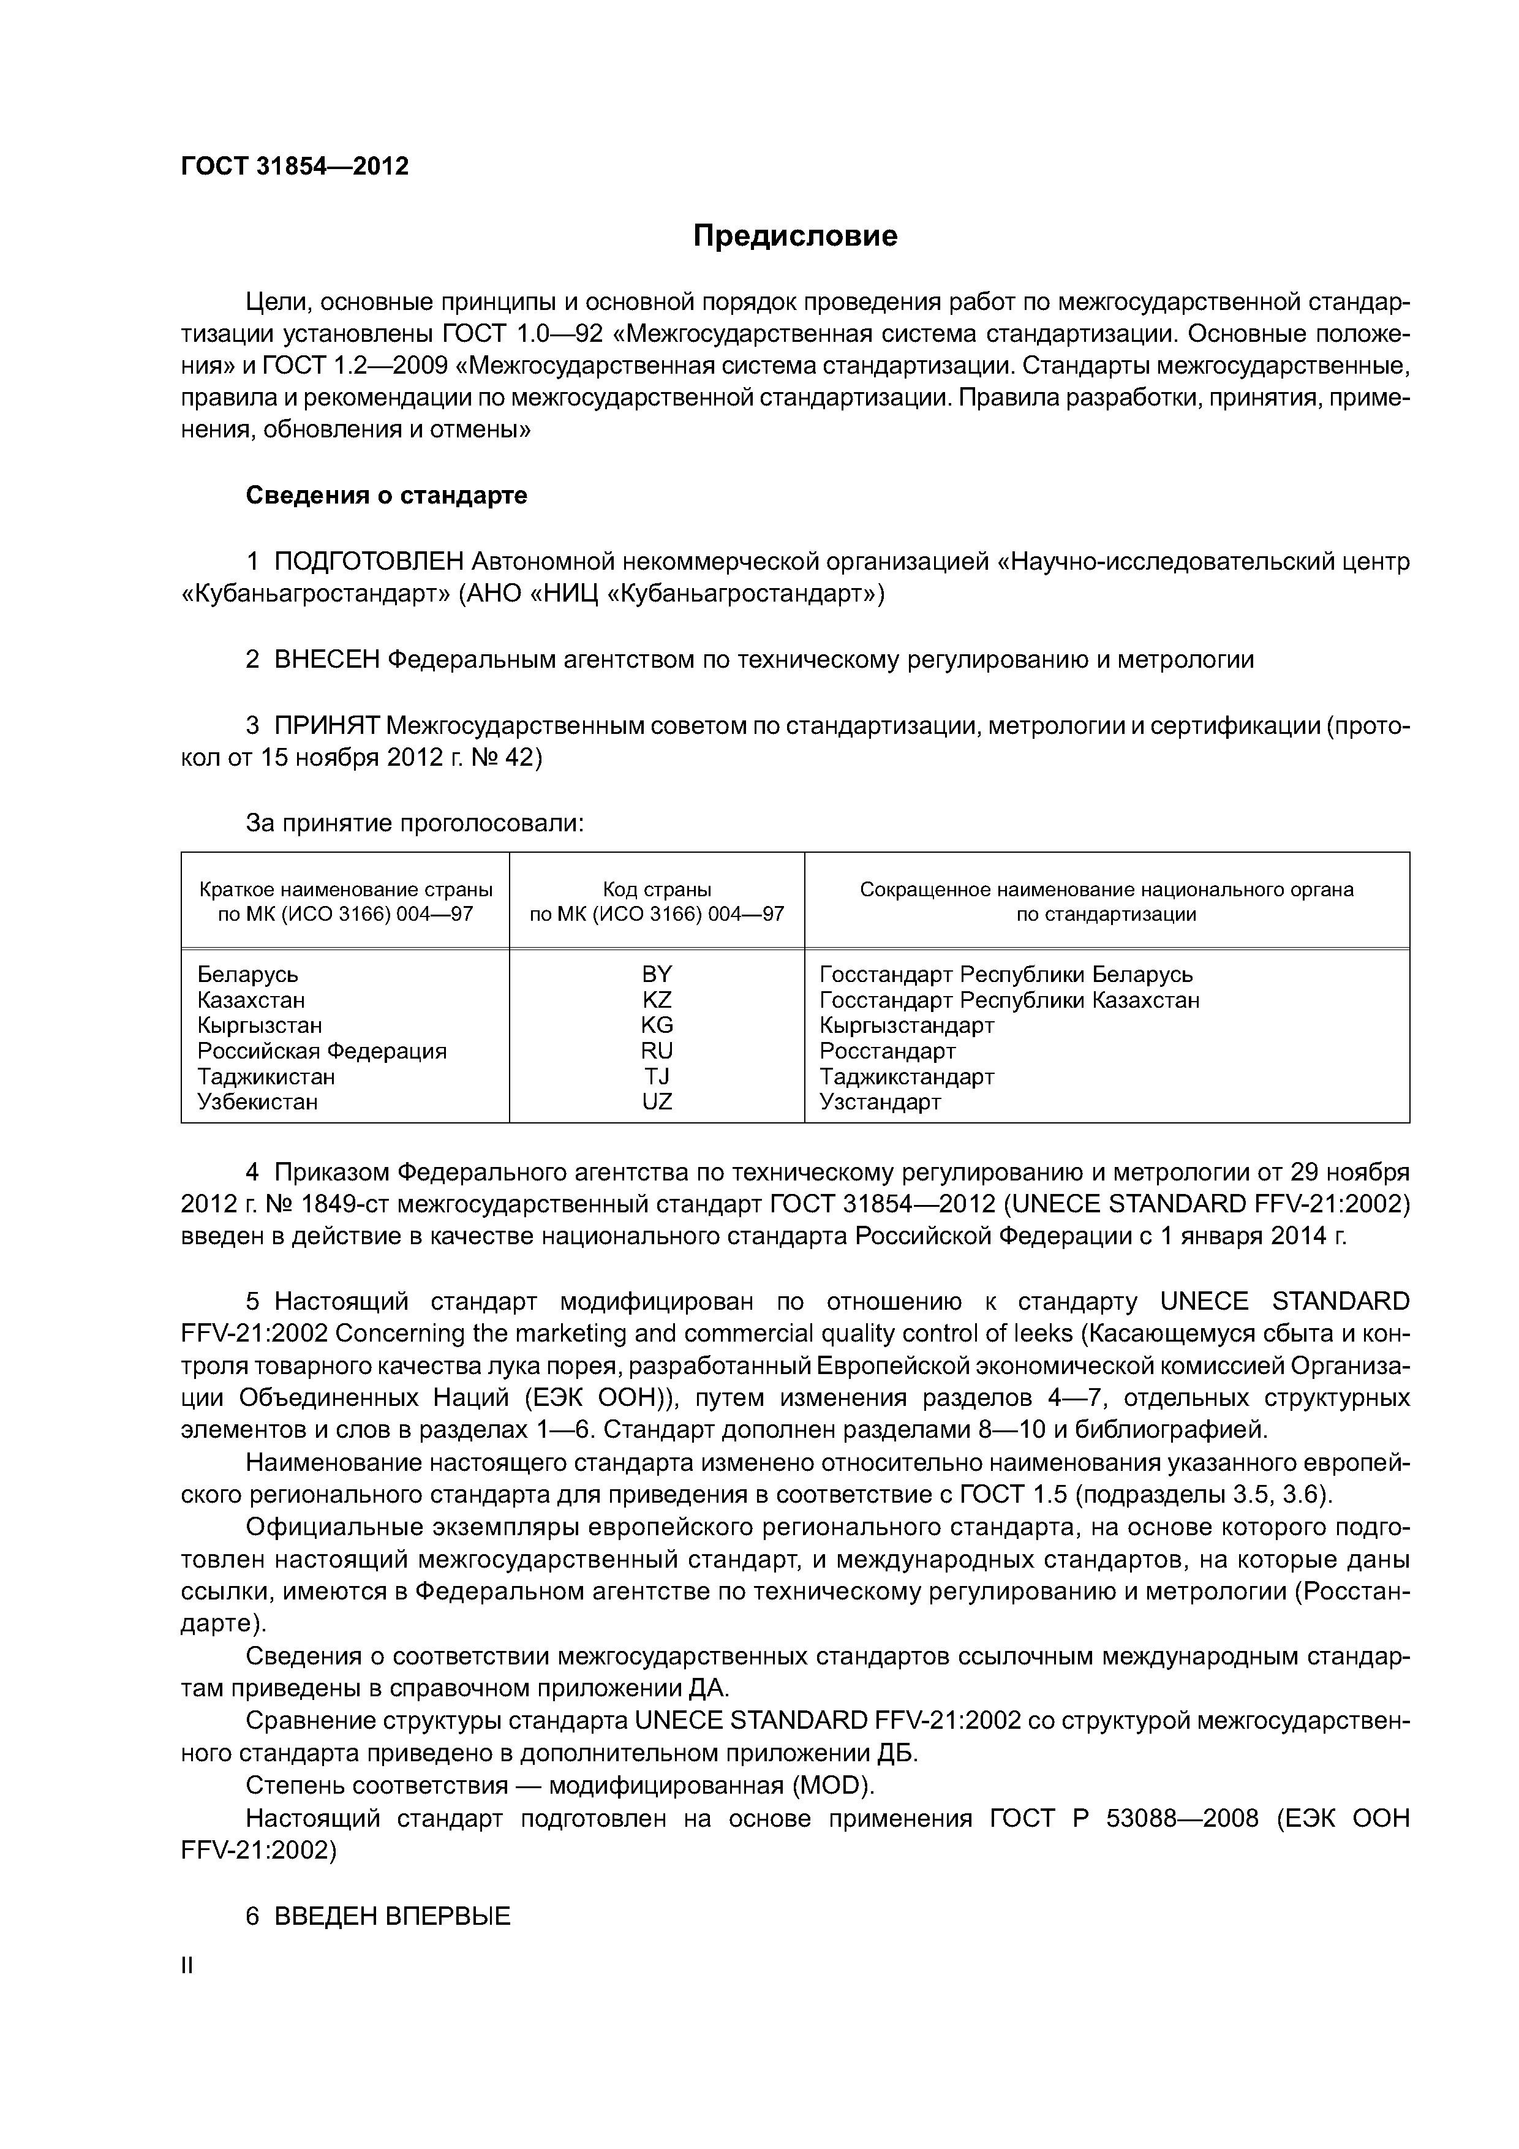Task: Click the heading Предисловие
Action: [x=794, y=235]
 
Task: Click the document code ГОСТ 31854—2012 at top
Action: [x=295, y=167]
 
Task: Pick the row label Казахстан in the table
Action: [x=251, y=1000]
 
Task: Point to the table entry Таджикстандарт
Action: [x=906, y=1076]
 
